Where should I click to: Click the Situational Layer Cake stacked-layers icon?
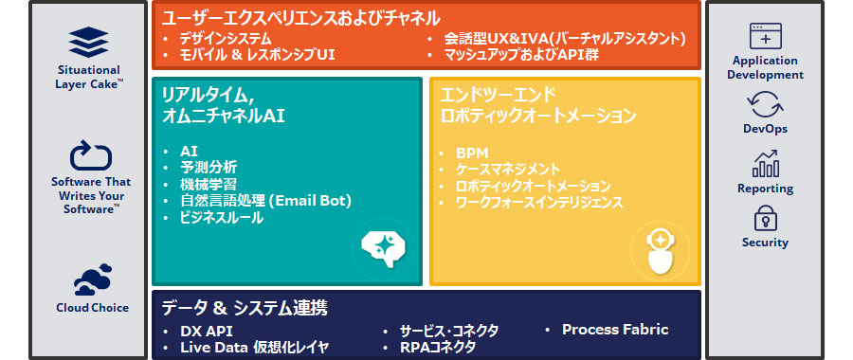point(88,43)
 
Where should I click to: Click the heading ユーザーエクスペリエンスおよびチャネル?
point(301,17)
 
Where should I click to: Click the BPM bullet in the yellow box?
point(472,152)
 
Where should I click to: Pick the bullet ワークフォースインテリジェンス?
point(538,202)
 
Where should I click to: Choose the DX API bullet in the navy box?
point(206,331)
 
